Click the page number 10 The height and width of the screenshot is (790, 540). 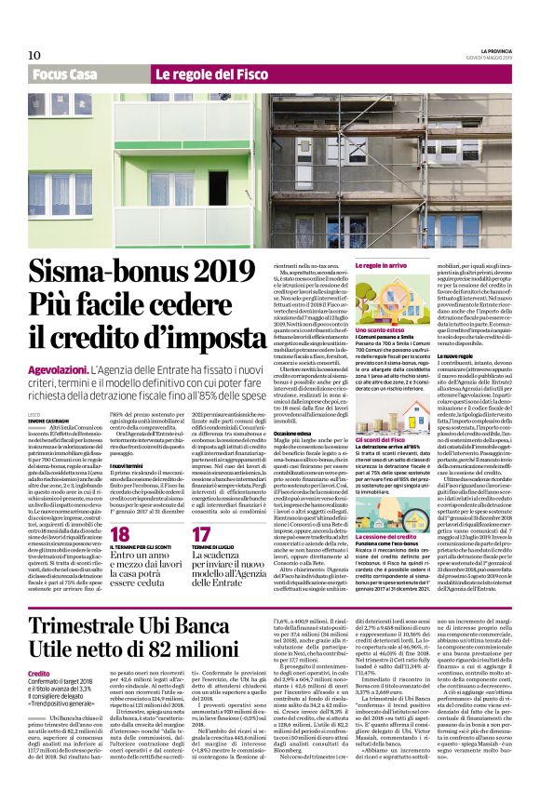tap(34, 55)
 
